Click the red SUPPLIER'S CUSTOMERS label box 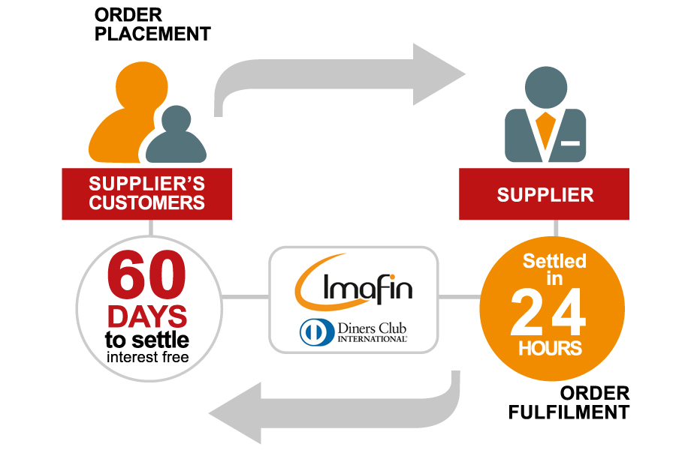[146, 193]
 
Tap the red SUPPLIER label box [544, 193]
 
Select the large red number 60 [146, 274]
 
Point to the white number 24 [548, 313]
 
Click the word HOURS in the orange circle [550, 349]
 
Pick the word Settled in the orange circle [554, 261]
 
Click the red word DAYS [147, 316]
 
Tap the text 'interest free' [148, 357]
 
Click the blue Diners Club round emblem [317, 332]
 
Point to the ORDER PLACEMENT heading [152, 25]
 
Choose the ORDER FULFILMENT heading [569, 403]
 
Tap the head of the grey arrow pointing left [235, 413]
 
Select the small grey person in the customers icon [176, 136]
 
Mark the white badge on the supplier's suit [570, 143]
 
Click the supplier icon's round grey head [546, 88]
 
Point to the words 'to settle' [146, 340]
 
